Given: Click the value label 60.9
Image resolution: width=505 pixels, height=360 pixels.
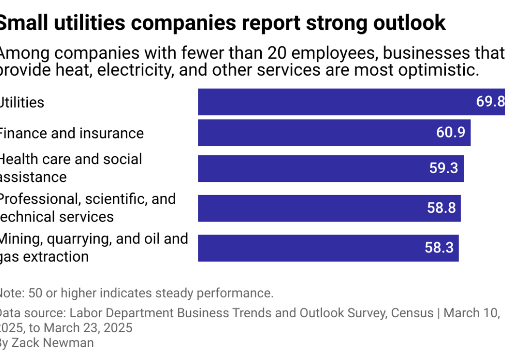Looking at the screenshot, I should [x=450, y=133].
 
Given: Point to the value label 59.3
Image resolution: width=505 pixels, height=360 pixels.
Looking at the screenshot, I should [x=444, y=168].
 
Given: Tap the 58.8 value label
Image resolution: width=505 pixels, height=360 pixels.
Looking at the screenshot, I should [x=441, y=208].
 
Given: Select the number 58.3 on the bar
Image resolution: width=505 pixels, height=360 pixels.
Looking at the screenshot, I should [x=439, y=248].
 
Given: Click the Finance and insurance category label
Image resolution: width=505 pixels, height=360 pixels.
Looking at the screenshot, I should [x=71, y=133].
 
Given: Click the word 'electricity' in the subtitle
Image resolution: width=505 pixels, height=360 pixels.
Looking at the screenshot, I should [x=127, y=70].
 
